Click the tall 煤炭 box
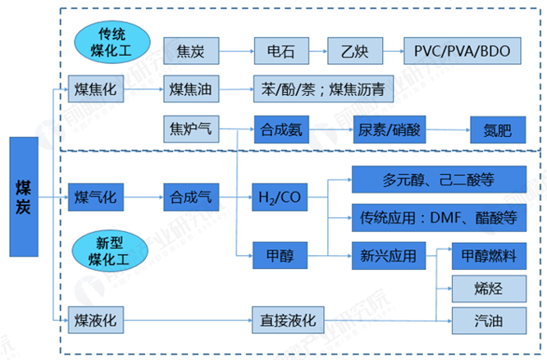(24, 197)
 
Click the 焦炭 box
(191, 52)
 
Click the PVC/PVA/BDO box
(462, 52)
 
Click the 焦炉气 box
(191, 130)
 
